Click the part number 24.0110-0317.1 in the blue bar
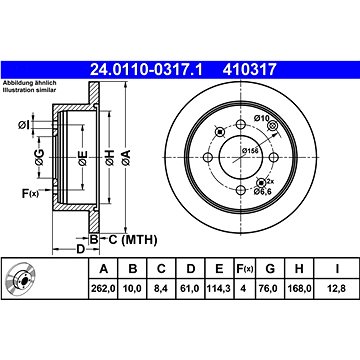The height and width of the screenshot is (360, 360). click(x=146, y=70)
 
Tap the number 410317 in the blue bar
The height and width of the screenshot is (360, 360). click(x=250, y=70)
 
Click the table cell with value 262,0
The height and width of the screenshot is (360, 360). click(x=104, y=288)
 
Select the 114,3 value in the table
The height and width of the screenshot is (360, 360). click(x=219, y=288)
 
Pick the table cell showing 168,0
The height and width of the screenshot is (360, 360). click(x=299, y=288)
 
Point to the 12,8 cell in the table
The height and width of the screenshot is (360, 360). click(x=337, y=288)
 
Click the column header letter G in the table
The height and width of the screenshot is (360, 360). click(x=270, y=268)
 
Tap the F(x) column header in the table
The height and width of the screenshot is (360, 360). click(x=245, y=269)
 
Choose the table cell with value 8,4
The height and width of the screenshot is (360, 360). click(x=161, y=288)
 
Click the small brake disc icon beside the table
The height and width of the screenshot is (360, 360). click(x=21, y=279)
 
